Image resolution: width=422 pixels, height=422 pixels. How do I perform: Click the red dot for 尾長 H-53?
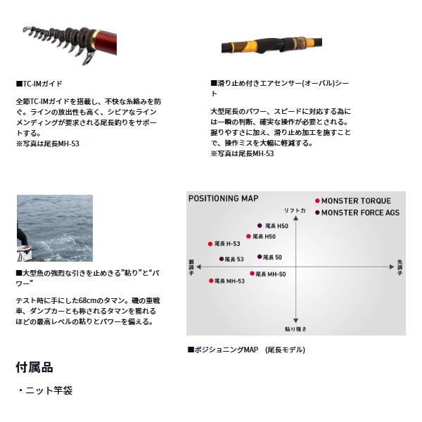[x=210, y=243]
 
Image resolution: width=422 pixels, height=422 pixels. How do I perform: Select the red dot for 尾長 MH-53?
[x=210, y=281]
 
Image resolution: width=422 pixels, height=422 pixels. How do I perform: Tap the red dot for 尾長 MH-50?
[x=252, y=273]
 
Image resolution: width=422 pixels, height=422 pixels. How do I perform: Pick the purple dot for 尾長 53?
[x=222, y=259]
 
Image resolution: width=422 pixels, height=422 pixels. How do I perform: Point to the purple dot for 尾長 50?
[x=260, y=257]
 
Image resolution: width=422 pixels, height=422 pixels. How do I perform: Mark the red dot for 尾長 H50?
[x=248, y=237]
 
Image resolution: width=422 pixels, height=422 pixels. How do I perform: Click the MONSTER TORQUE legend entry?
[x=352, y=201]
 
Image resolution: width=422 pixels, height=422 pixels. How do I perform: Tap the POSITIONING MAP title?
[x=224, y=199]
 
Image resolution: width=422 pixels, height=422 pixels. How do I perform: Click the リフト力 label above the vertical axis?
[x=295, y=210]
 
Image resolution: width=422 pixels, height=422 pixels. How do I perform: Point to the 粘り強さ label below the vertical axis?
[x=295, y=328]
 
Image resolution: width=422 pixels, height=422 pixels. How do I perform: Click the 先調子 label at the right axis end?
[x=399, y=267]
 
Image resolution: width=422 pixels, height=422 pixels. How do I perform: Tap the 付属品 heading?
[x=34, y=367]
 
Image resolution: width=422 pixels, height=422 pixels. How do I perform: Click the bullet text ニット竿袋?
[x=49, y=390]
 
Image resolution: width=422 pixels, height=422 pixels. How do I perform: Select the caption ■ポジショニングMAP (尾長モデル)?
[x=246, y=350]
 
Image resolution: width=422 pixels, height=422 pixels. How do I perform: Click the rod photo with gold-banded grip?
[x=281, y=45]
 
